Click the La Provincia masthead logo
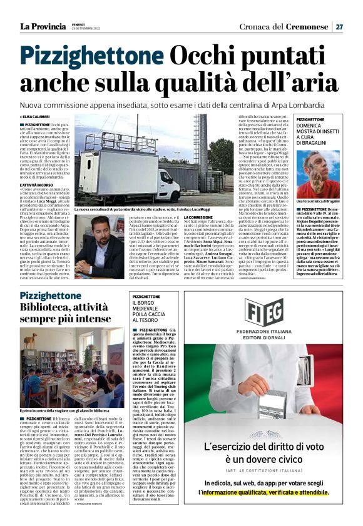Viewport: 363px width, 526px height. pos(43,26)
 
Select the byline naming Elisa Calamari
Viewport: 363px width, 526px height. pos(35,117)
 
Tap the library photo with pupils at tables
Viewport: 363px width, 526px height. pos(72,366)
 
